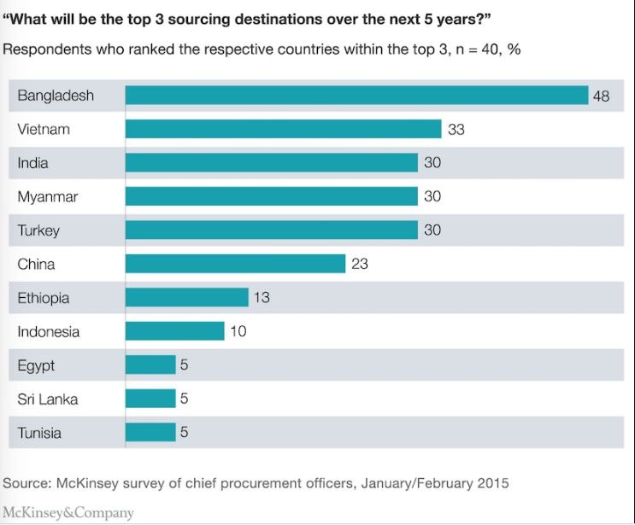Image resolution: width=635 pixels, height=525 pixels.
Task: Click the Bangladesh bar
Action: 356,96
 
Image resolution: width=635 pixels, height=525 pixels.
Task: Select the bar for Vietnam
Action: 283,130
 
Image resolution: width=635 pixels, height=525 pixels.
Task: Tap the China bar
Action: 235,264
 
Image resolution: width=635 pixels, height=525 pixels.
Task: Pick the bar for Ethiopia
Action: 186,298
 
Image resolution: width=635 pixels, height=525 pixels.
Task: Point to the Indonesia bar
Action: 174,331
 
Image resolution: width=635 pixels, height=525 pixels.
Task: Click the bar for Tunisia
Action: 150,432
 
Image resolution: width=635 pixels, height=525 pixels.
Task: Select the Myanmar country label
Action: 48,197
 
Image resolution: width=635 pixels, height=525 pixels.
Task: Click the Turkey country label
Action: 38,230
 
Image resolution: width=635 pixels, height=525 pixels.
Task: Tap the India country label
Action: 32,163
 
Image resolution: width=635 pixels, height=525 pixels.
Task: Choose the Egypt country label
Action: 36,365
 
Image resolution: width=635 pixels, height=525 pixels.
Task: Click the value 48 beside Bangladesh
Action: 601,96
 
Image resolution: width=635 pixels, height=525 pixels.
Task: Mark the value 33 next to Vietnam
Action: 456,130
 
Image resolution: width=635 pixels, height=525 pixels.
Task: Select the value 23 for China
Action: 359,264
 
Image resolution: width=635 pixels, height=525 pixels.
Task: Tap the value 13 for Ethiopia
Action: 262,298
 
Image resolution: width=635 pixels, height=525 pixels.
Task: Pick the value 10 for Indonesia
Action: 238,331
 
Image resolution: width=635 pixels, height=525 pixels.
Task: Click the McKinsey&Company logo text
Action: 68,512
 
